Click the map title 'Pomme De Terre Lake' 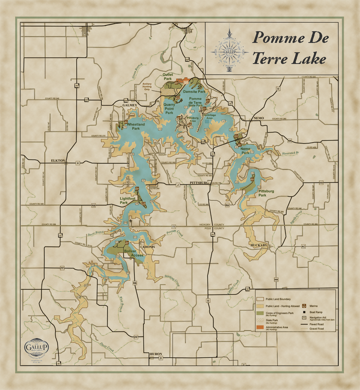290,48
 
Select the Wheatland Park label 133,126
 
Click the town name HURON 155,354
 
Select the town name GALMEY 130,105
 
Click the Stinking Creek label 172,280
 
